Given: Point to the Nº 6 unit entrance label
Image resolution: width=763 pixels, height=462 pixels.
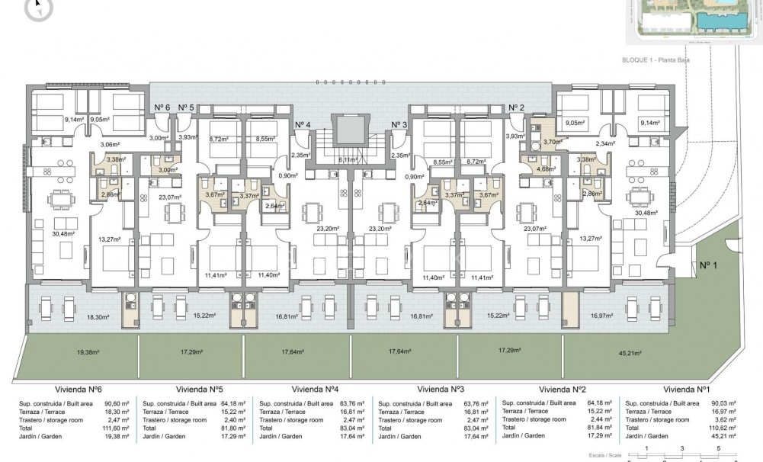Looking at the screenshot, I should [x=162, y=107].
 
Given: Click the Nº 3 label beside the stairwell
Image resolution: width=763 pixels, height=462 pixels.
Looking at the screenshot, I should [x=400, y=124].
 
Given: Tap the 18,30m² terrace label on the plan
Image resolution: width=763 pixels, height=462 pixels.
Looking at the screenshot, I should [x=98, y=316].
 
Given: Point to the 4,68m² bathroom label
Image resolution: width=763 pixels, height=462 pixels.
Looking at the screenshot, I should [x=545, y=169].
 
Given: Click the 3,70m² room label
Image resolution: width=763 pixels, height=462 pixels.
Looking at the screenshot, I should [x=553, y=142].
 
